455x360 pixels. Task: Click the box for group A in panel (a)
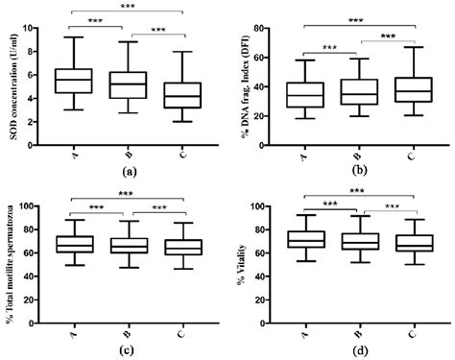(74, 81)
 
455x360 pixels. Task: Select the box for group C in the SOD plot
(181, 95)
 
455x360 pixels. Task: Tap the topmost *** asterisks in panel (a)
(127, 6)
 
